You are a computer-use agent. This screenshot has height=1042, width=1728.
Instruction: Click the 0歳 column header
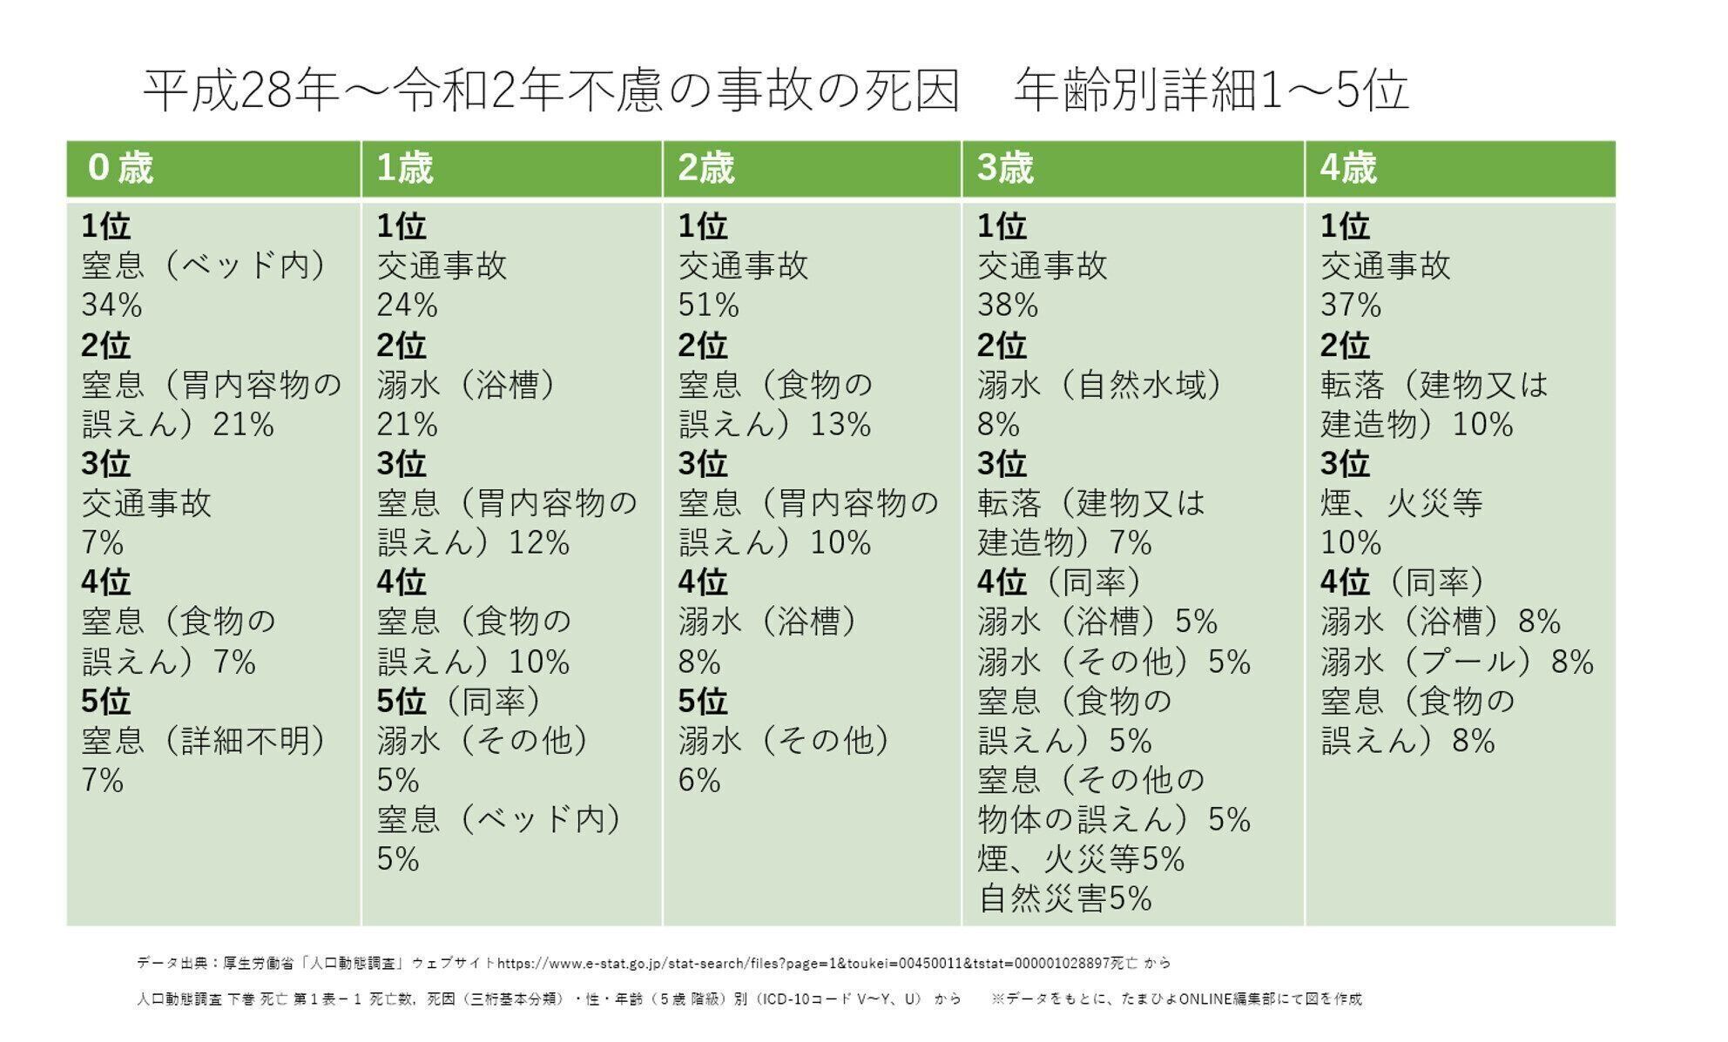120,168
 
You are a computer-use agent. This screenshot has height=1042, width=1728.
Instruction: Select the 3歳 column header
1004,168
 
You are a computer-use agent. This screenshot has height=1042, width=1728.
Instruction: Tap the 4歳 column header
1347,168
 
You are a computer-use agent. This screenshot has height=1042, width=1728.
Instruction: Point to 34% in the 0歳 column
111,305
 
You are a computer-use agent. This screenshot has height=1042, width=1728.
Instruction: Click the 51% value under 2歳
708,305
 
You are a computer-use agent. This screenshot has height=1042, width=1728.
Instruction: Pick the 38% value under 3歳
1008,305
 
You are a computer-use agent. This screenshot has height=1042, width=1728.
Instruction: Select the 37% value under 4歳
1351,305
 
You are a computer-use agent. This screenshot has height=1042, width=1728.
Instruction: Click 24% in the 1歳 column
407,305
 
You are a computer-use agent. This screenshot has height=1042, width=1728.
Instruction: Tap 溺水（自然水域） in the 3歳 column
1099,385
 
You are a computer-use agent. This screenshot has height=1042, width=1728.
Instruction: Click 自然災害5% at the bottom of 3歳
1065,898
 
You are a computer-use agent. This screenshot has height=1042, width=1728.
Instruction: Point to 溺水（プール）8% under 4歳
1456,662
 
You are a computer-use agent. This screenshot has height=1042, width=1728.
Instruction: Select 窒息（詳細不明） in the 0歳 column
204,741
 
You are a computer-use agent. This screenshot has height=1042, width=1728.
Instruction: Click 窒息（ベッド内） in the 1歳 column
499,819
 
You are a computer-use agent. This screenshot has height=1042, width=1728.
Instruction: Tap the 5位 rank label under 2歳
702,701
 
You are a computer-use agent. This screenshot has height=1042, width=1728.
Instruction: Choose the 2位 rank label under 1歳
401,346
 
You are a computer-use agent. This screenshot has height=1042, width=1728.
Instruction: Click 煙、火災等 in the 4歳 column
1401,503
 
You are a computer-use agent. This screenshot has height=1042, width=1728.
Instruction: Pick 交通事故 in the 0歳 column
146,503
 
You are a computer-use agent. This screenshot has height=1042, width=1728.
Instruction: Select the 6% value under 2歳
699,780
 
